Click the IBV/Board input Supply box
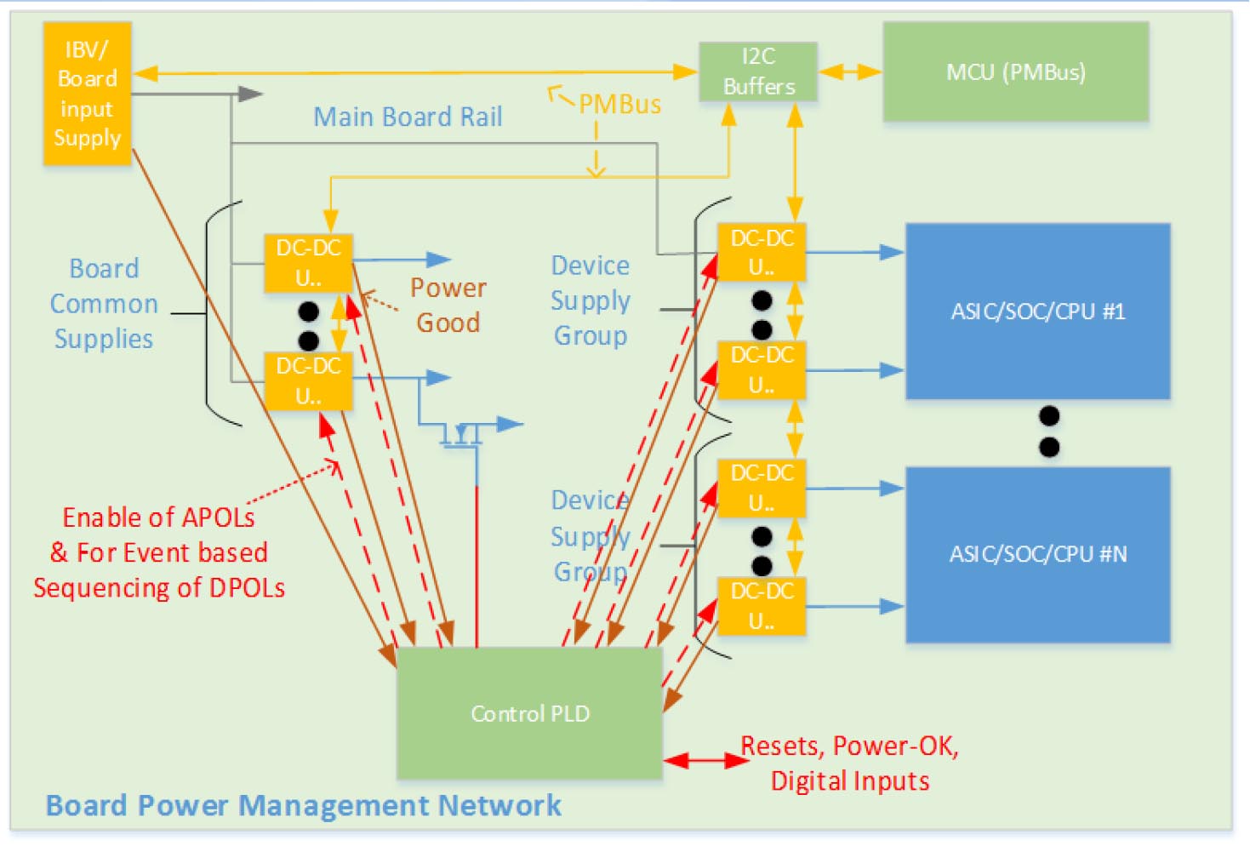click(x=87, y=94)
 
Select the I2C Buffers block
click(x=758, y=71)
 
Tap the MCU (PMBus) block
click(x=1016, y=72)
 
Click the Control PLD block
click(x=529, y=713)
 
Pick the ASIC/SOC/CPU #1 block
click(x=1037, y=312)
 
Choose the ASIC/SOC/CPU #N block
click(x=1037, y=554)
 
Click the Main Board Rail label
click(x=408, y=117)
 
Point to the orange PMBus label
click(x=619, y=105)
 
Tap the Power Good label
click(x=448, y=306)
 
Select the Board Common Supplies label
click(x=104, y=304)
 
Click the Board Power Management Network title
click(x=303, y=805)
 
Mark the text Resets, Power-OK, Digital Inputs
click(x=850, y=763)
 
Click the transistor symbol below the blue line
click(x=461, y=435)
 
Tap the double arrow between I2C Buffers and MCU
click(x=850, y=72)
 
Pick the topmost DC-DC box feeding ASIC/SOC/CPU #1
click(x=762, y=253)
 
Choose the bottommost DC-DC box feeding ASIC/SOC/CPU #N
click(x=762, y=606)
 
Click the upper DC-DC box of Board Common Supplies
click(x=308, y=263)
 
